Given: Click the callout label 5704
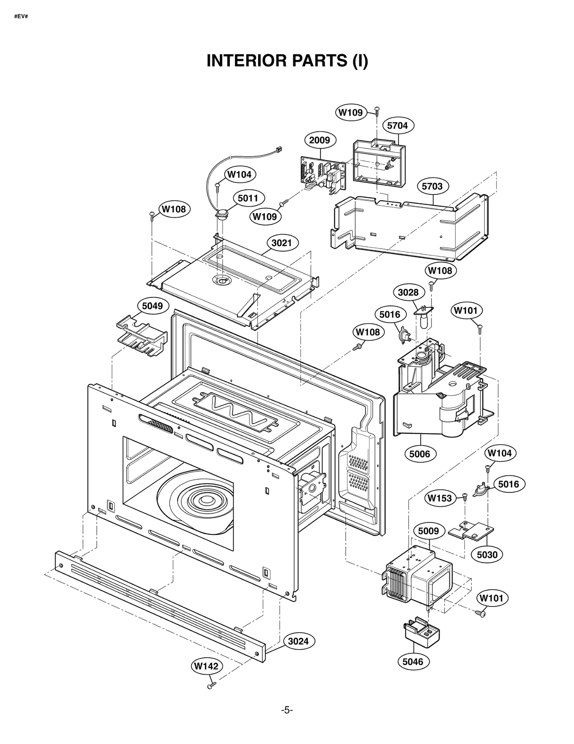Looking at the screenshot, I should pyautogui.click(x=397, y=126).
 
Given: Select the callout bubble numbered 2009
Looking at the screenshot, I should pyautogui.click(x=320, y=140).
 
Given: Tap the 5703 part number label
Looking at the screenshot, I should pyautogui.click(x=432, y=186).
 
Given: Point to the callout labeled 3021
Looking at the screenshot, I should pyautogui.click(x=282, y=243).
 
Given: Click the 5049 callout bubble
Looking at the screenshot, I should pyautogui.click(x=152, y=306).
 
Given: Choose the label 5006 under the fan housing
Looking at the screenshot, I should pyautogui.click(x=420, y=454).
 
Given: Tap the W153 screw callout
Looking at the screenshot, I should pyautogui.click(x=439, y=498).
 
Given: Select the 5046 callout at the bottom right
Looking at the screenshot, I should pyautogui.click(x=413, y=661).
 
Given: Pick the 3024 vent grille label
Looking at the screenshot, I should pyautogui.click(x=298, y=641).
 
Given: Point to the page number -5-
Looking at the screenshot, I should pyautogui.click(x=287, y=710).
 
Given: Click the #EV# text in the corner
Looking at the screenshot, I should pyautogui.click(x=21, y=17).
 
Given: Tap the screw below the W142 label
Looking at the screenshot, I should pyautogui.click(x=211, y=685).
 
